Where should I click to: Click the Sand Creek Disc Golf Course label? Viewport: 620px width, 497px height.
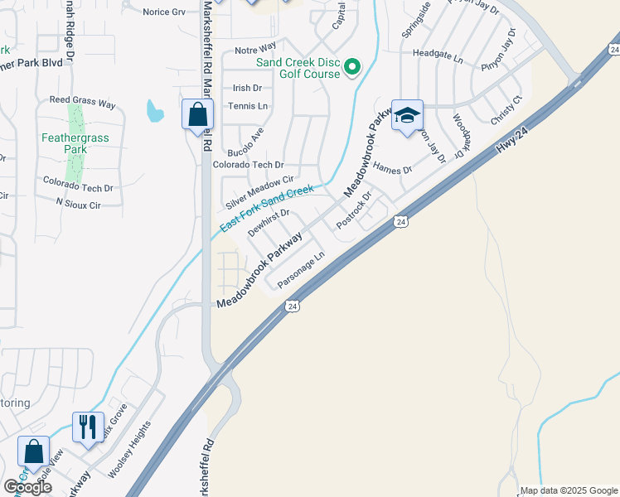298,68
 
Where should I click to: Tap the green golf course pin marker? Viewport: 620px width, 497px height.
353,66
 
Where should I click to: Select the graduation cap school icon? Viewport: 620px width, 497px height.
407,116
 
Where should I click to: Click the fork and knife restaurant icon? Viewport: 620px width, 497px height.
88,427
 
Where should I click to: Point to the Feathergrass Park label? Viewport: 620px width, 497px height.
75,143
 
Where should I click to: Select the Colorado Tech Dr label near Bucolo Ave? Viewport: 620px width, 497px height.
248,165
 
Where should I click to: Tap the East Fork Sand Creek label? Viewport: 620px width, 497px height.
267,209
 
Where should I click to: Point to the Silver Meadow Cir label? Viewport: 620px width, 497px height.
260,192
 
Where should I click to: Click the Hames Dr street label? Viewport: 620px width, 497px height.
393,168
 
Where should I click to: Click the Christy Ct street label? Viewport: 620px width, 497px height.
506,110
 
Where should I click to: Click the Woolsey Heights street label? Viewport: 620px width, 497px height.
130,449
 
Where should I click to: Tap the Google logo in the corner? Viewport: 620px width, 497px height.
27,486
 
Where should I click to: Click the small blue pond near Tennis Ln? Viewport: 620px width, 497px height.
154,110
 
